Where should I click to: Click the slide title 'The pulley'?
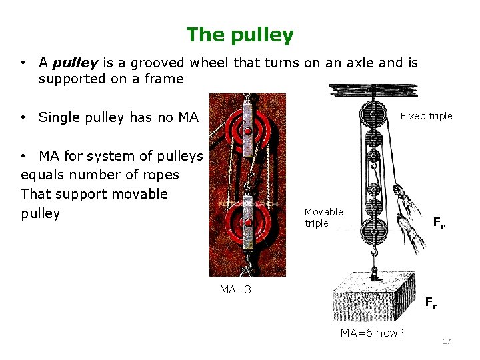point(239,34)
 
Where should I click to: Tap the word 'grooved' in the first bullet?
point(159,63)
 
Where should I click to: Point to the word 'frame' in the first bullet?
point(165,79)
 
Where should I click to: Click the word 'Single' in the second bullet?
point(57,118)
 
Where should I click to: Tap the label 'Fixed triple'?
point(426,116)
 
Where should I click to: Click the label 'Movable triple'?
point(323,217)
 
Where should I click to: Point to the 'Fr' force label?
point(431,303)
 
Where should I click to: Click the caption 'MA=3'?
point(235,289)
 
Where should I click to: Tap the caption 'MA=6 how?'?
point(371,333)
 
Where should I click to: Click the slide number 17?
point(447,342)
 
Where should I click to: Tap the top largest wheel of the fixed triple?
point(373,115)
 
